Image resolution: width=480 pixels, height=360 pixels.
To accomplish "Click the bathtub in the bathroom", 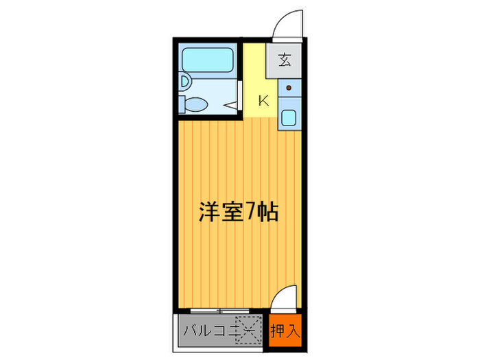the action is (x=208, y=60).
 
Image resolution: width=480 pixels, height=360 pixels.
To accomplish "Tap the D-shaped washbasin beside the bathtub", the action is (x=186, y=82).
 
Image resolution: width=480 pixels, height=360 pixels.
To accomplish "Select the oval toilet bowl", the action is (x=197, y=104).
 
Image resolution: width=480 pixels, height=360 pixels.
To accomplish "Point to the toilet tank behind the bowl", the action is (x=182, y=104).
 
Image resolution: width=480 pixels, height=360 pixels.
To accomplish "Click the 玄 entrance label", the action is (x=285, y=60).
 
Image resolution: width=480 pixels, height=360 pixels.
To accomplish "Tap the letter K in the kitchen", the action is (x=263, y=100).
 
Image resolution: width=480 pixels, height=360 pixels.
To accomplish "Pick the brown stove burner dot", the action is (x=289, y=88).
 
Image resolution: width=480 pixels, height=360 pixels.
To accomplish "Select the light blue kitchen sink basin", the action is (x=289, y=117).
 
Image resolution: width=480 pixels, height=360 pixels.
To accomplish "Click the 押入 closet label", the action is (x=285, y=331).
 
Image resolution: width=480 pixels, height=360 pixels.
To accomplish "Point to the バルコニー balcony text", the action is (x=219, y=331).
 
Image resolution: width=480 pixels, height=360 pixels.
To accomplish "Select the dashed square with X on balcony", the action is (x=248, y=330).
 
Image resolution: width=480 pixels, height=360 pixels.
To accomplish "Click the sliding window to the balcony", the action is (x=220, y=311).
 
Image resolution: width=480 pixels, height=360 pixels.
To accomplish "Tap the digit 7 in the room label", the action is (x=250, y=211).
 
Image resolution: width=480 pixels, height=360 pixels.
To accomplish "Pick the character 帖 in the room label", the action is (x=267, y=211).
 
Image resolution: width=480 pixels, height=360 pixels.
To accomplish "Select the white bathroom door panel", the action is (x=240, y=95).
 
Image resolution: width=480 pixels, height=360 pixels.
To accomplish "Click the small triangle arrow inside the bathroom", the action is (x=231, y=106).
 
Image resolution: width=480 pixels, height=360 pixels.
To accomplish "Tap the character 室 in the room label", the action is (x=232, y=211).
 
